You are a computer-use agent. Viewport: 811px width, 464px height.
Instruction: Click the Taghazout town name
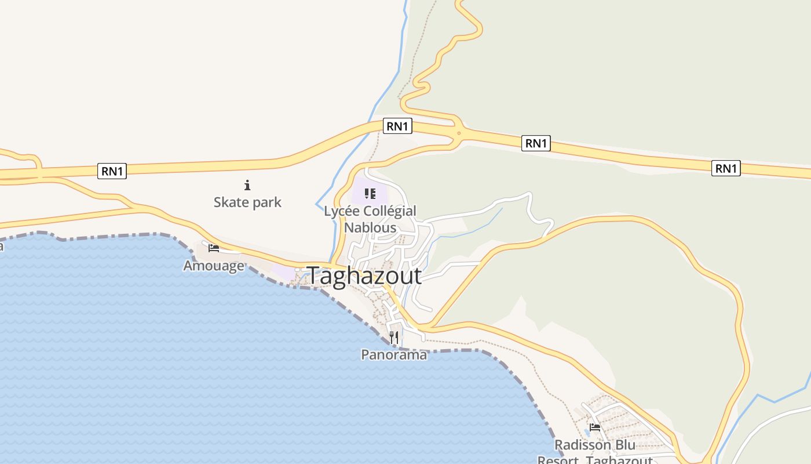point(364,275)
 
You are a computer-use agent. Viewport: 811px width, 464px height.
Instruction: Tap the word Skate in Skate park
point(232,202)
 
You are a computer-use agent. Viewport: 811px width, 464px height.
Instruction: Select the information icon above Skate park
point(247,186)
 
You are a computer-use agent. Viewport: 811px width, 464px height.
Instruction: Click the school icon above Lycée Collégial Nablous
point(370,193)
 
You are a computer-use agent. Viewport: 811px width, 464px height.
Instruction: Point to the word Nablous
point(370,227)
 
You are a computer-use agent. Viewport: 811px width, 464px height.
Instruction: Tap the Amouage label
point(214,266)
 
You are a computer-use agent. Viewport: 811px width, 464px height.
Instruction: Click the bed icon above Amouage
point(214,248)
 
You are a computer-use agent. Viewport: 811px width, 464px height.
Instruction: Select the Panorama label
point(394,354)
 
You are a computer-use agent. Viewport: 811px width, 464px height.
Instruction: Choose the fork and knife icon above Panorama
point(394,337)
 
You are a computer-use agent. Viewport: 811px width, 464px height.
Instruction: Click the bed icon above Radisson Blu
point(595,427)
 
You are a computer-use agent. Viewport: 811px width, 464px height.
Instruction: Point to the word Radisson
point(582,445)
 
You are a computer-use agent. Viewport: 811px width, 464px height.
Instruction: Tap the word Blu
point(624,445)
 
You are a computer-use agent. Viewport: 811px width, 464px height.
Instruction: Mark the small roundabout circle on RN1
point(459,133)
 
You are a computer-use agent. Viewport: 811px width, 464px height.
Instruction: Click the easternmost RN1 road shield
point(726,168)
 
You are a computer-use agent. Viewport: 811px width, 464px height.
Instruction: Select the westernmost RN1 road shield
point(112,171)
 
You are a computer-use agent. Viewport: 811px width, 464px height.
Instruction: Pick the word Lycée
point(339,212)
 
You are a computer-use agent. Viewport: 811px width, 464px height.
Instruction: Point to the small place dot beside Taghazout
point(297,270)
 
